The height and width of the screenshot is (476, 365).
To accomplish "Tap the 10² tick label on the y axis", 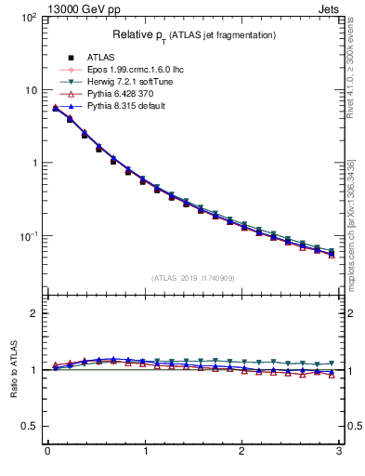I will click(x=29, y=18).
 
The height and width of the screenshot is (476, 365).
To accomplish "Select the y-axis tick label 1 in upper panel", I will click(x=33, y=163).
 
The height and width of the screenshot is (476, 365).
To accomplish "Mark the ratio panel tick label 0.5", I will click(x=31, y=426).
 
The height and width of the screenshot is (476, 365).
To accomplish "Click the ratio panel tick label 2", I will click(x=34, y=313).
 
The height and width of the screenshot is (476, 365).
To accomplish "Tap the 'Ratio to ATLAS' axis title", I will click(x=13, y=369).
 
